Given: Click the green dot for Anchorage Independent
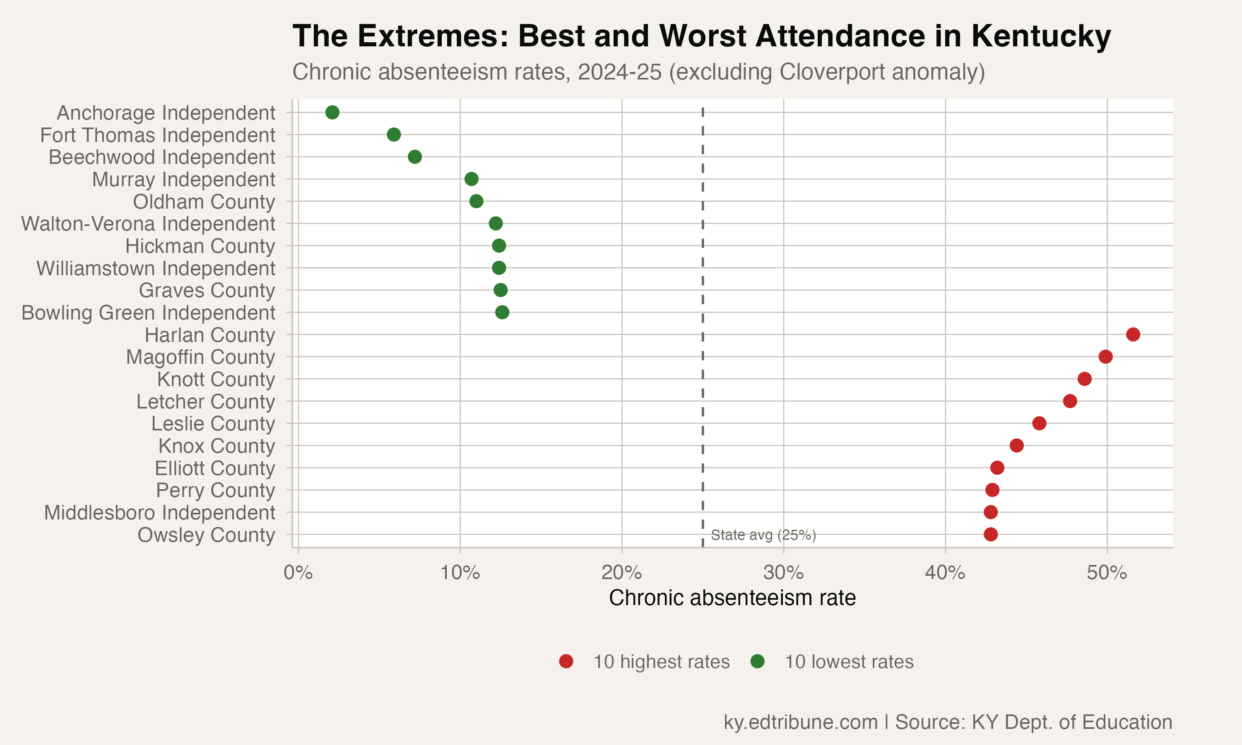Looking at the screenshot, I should [x=332, y=113].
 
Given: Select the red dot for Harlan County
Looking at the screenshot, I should [x=1133, y=334].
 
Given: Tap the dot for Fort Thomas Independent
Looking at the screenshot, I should [x=394, y=135].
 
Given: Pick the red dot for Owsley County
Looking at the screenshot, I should [x=990, y=534].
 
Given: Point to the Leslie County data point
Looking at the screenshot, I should [x=1039, y=423].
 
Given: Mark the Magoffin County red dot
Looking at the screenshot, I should [x=1105, y=356].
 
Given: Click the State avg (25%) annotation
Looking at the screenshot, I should [x=763, y=535].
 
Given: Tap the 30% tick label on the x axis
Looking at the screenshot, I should [x=783, y=572].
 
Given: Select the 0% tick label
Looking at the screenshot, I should [x=298, y=572].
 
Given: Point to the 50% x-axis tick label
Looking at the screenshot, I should [x=1107, y=572].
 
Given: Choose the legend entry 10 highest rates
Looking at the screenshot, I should [x=661, y=662].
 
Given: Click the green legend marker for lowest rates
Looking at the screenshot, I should [x=757, y=662].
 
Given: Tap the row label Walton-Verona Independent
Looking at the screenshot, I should [x=148, y=224].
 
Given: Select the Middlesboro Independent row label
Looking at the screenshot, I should [x=160, y=512].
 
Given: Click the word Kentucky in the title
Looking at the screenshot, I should [x=1041, y=36].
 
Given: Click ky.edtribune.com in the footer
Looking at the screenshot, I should [x=800, y=722].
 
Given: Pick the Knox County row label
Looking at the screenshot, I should [x=217, y=446].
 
